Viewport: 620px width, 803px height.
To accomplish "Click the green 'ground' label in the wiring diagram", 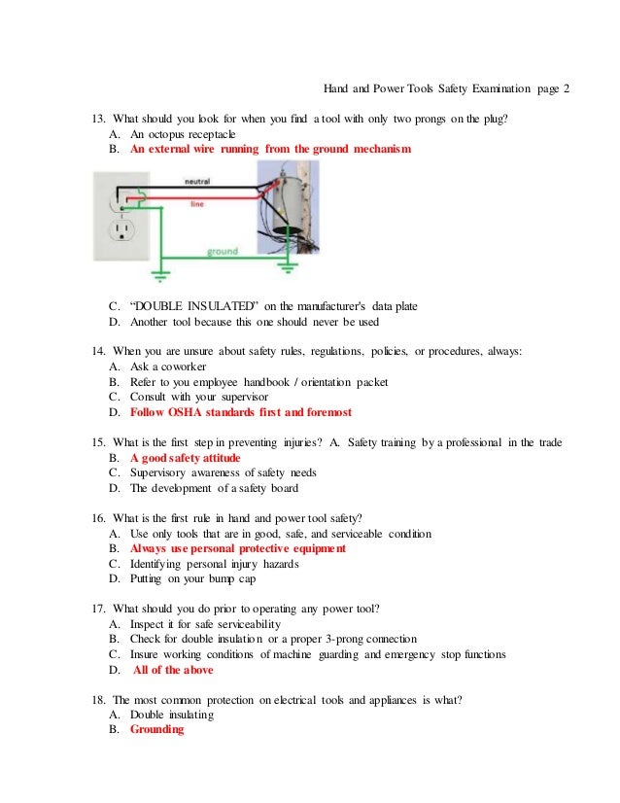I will (x=222, y=251).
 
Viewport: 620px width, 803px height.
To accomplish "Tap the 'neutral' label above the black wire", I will (x=197, y=182).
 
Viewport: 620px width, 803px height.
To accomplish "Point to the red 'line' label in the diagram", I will (x=196, y=204).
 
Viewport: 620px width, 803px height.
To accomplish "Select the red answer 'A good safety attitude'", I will (x=186, y=457).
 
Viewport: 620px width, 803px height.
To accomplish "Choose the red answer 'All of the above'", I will (x=173, y=670).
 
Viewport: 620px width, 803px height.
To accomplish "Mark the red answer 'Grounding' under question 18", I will (x=156, y=729).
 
